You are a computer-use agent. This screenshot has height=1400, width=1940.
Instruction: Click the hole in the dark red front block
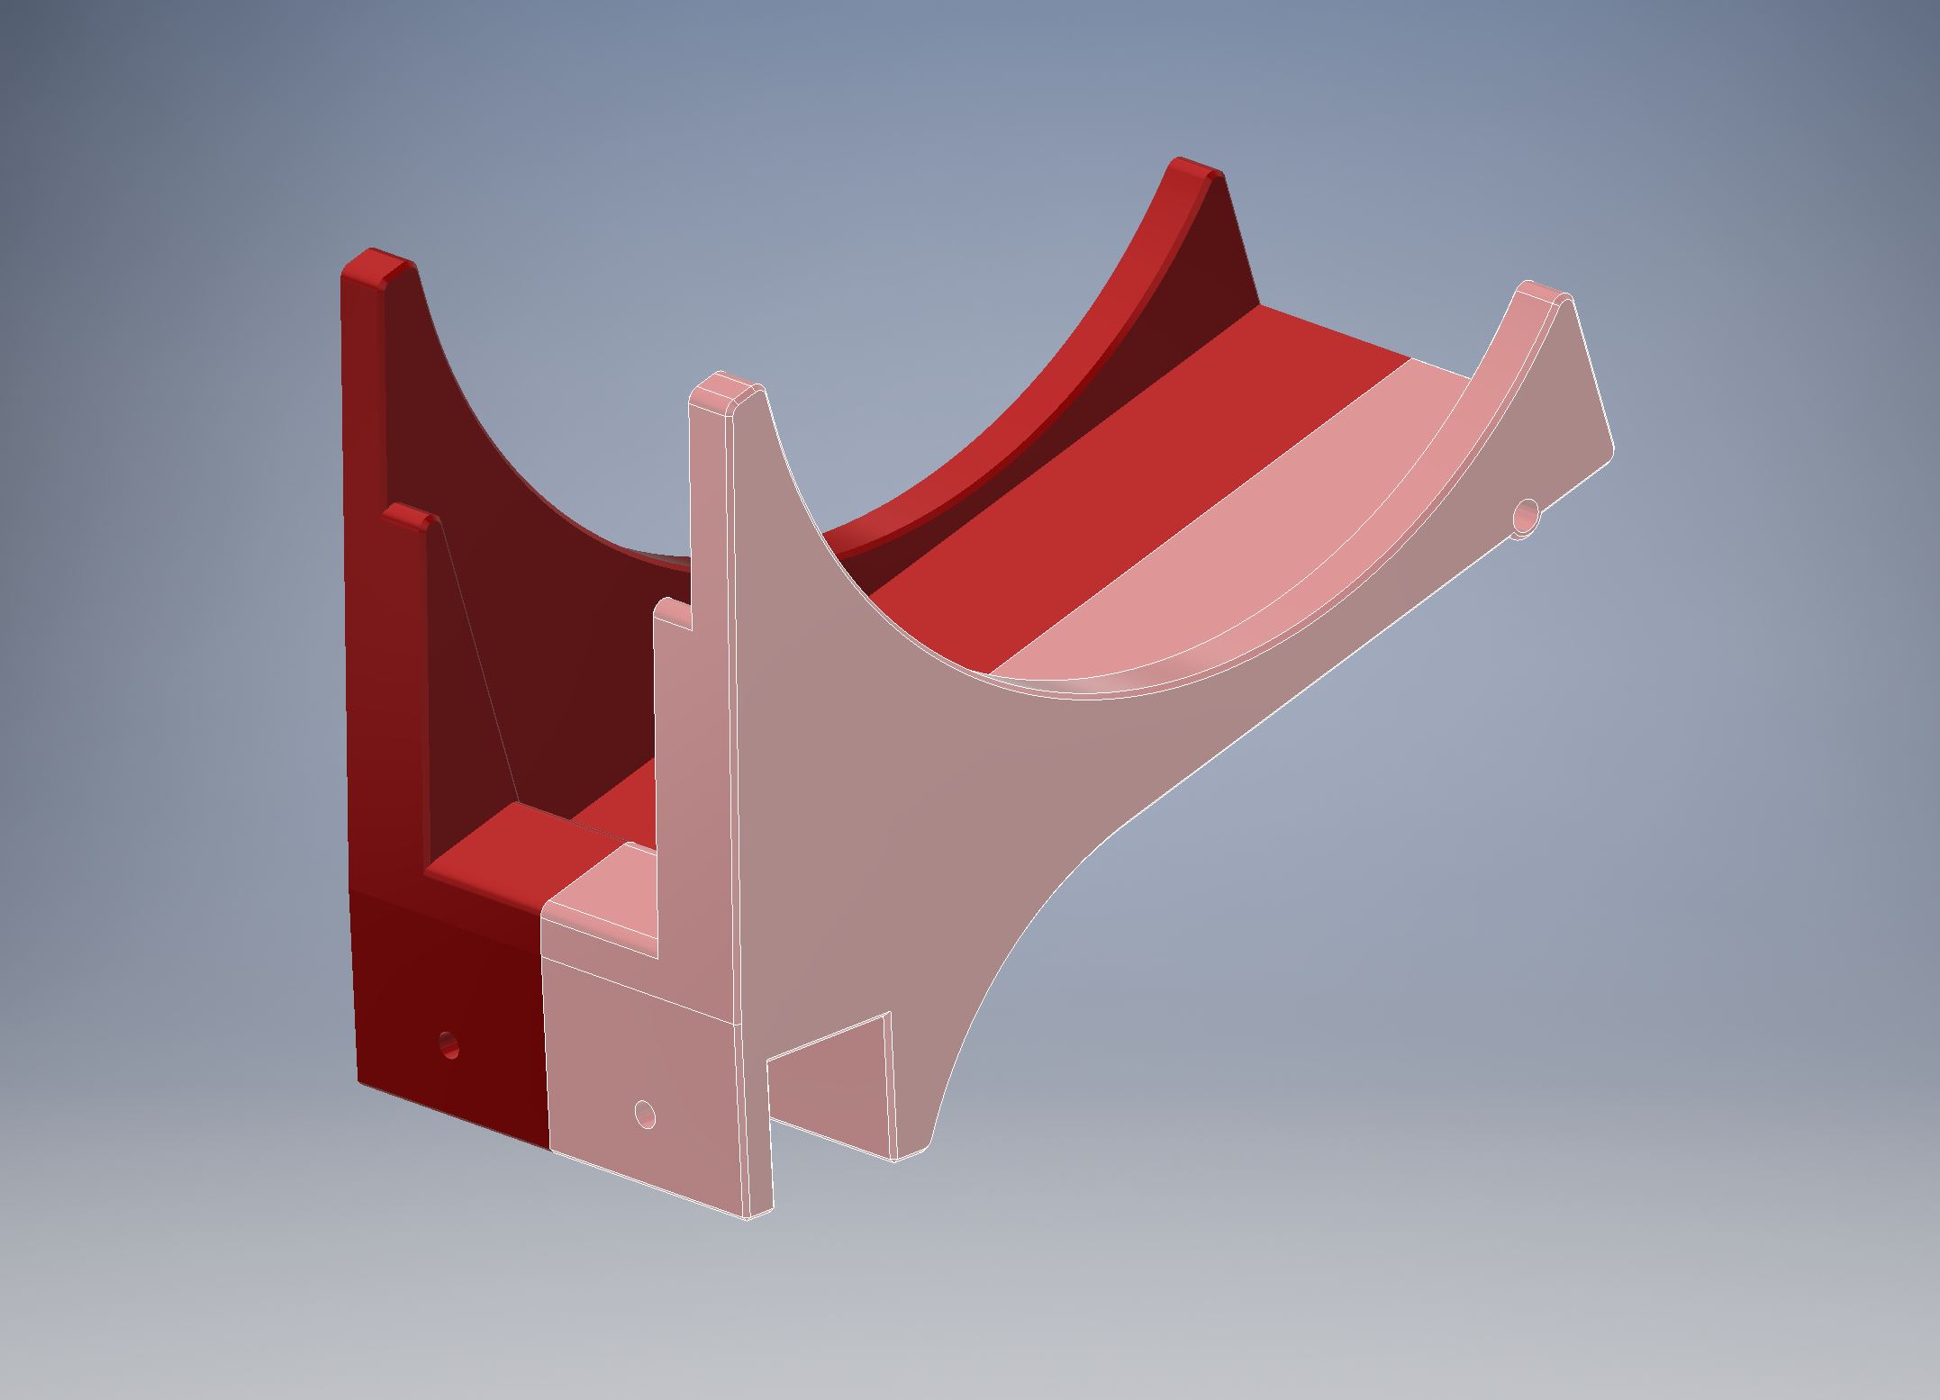(x=448, y=1045)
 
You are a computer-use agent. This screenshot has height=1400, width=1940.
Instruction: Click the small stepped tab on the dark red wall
(x=411, y=517)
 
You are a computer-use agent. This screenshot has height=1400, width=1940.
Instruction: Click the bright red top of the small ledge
(x=504, y=846)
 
